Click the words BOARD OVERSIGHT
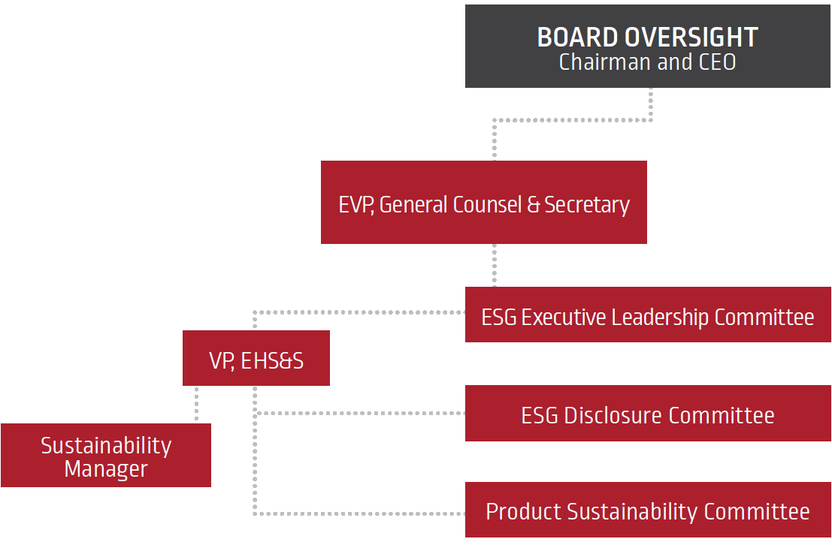647,37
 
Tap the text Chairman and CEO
647,62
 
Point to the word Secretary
587,204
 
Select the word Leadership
660,317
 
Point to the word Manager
106,469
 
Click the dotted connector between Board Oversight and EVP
571,119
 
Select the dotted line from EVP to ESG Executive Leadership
494,265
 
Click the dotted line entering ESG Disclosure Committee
361,413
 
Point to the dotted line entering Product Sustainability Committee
361,513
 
